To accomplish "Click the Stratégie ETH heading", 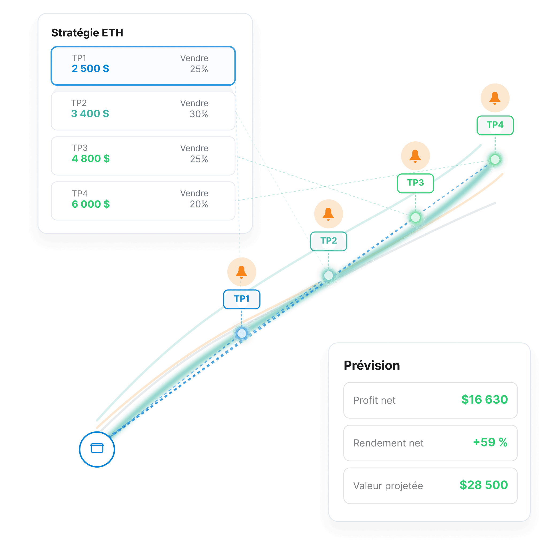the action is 87,33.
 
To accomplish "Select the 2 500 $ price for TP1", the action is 90,69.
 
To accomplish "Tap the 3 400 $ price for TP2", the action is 90,113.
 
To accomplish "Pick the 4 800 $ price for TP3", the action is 91,158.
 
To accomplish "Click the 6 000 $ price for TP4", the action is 91,204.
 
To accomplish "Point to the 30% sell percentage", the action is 199,114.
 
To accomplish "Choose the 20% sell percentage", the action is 199,204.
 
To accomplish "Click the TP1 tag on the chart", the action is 241,299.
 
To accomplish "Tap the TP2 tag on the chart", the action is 328,241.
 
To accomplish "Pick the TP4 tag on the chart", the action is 495,125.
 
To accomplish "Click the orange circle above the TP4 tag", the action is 495,98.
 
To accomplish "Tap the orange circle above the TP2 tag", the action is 328,214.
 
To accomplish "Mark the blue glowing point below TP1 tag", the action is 241,333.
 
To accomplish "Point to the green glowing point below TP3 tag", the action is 415,217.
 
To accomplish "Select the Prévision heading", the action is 372,366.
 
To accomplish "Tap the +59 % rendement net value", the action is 490,442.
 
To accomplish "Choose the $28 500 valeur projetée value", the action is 484,485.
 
